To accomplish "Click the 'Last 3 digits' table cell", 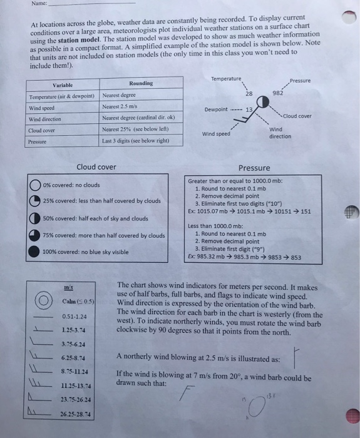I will pos(135,141).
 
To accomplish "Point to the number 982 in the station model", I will pos(279,93).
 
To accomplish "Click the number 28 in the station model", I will pos(249,93).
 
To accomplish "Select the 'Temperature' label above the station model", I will pos(227,79).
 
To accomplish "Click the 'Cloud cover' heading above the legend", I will pos(96,167).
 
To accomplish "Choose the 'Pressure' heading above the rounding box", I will pos(254,168).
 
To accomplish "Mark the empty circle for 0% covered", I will pos(34,185).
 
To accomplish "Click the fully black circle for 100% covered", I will pos(34,252).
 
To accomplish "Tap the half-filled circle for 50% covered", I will pos(34,218).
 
